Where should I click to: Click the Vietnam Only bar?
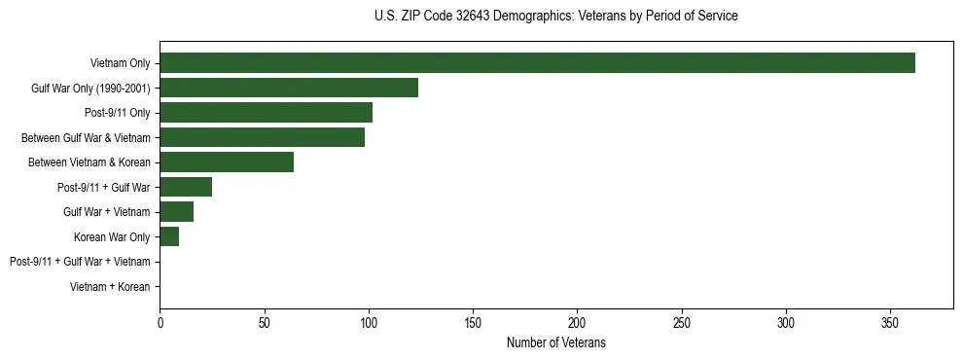click(x=537, y=63)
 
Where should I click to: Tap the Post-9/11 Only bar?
click(x=266, y=113)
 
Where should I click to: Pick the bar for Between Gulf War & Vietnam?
click(x=262, y=137)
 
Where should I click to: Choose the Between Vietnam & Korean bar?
click(x=227, y=162)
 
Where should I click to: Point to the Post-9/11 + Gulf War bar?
click(x=186, y=187)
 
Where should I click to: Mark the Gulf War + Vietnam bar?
click(x=176, y=212)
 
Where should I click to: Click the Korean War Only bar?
click(x=169, y=236)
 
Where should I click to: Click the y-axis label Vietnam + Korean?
click(x=110, y=287)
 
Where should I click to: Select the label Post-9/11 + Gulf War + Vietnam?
click(x=80, y=262)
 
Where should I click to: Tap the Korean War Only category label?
click(x=112, y=236)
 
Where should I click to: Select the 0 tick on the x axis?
click(x=160, y=322)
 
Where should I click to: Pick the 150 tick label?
click(x=473, y=322)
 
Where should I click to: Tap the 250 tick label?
click(x=682, y=322)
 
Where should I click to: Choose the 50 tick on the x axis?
click(x=264, y=322)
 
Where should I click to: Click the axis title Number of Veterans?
click(x=556, y=342)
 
